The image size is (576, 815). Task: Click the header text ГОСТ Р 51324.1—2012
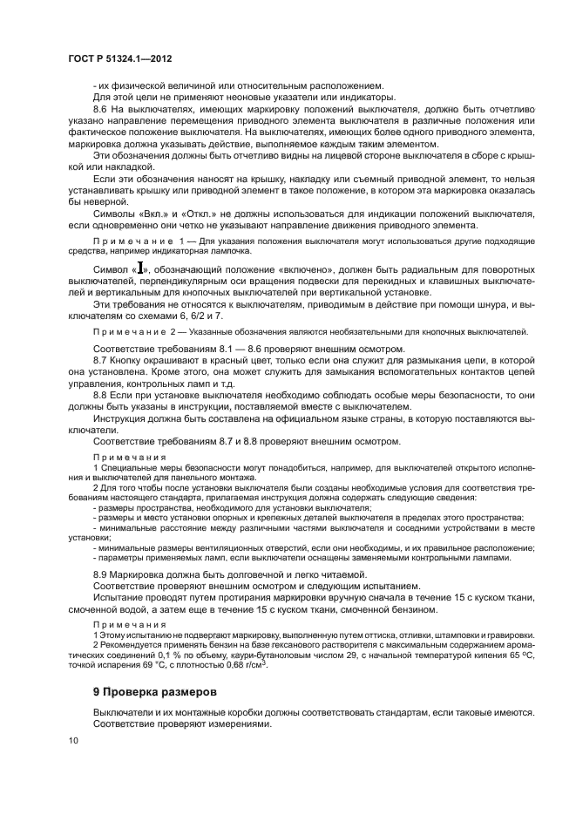click(x=108, y=57)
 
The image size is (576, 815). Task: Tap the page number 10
click(x=72, y=740)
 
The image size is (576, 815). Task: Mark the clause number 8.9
click(x=102, y=574)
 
